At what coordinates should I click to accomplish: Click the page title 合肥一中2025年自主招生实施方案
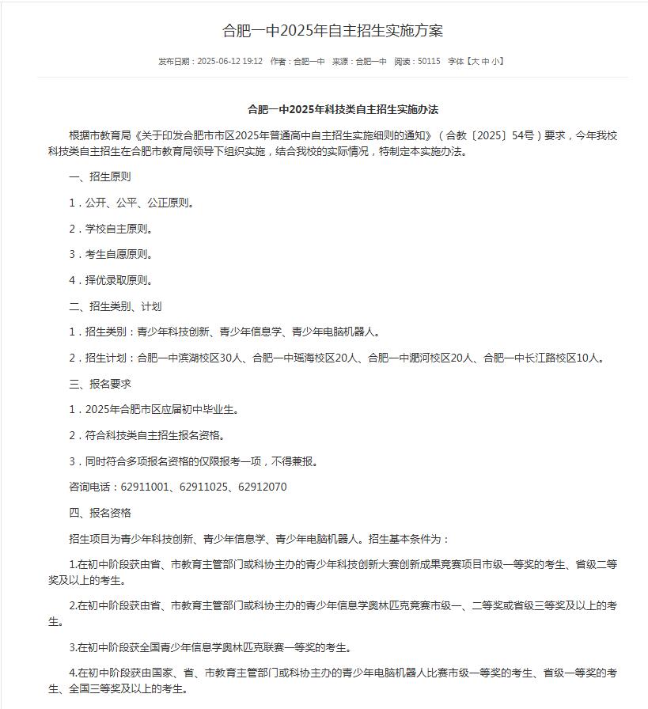click(332, 31)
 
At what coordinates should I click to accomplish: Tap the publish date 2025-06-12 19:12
click(229, 61)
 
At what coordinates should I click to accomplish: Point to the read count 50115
click(428, 61)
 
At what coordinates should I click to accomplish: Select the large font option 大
click(475, 61)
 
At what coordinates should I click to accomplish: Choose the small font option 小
click(495, 61)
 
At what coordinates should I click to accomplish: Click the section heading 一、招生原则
click(100, 176)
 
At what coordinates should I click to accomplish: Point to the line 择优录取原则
click(119, 280)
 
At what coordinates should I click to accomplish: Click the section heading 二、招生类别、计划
click(116, 306)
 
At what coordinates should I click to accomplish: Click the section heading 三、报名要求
click(100, 384)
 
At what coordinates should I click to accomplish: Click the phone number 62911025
click(203, 487)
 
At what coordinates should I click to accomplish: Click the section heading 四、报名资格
click(100, 513)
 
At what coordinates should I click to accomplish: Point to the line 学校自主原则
click(119, 229)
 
